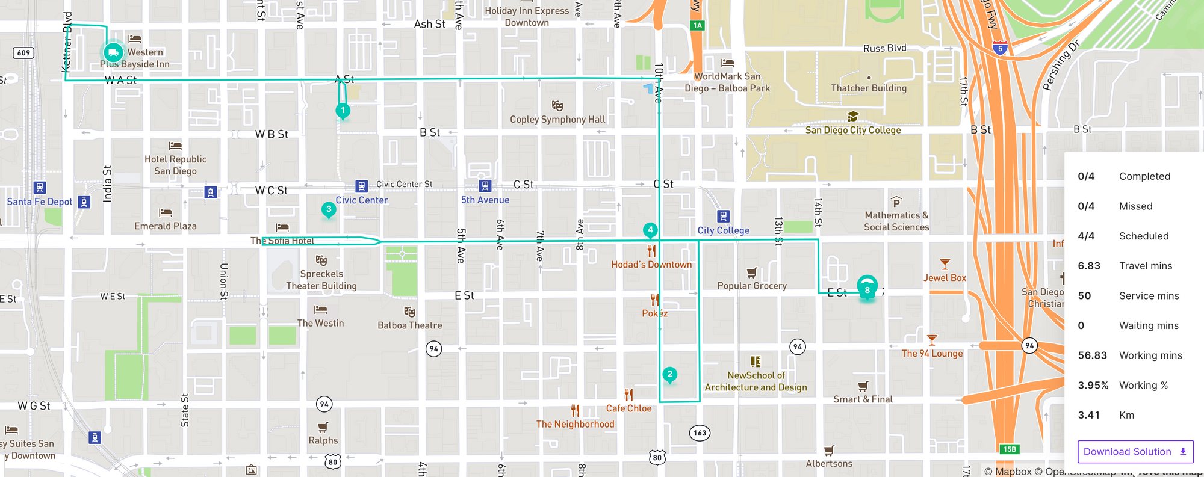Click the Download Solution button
pos(1135,452)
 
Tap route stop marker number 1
pos(343,111)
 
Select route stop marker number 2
pos(669,374)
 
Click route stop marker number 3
pos(329,209)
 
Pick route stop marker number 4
pos(650,230)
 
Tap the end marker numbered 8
pos(867,289)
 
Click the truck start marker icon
pos(113,53)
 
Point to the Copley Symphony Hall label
pos(557,120)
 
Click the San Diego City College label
pos(853,130)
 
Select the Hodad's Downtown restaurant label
pos(651,265)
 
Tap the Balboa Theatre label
pos(410,325)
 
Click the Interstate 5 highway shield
pos(1000,48)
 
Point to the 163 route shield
pos(700,432)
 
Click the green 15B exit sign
pos(1010,449)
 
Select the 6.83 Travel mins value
pos(1089,266)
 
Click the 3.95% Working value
pos(1093,386)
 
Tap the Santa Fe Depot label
pos(40,202)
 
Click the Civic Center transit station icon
pos(361,186)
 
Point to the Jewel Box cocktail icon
pos(945,265)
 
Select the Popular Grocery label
pos(752,286)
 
